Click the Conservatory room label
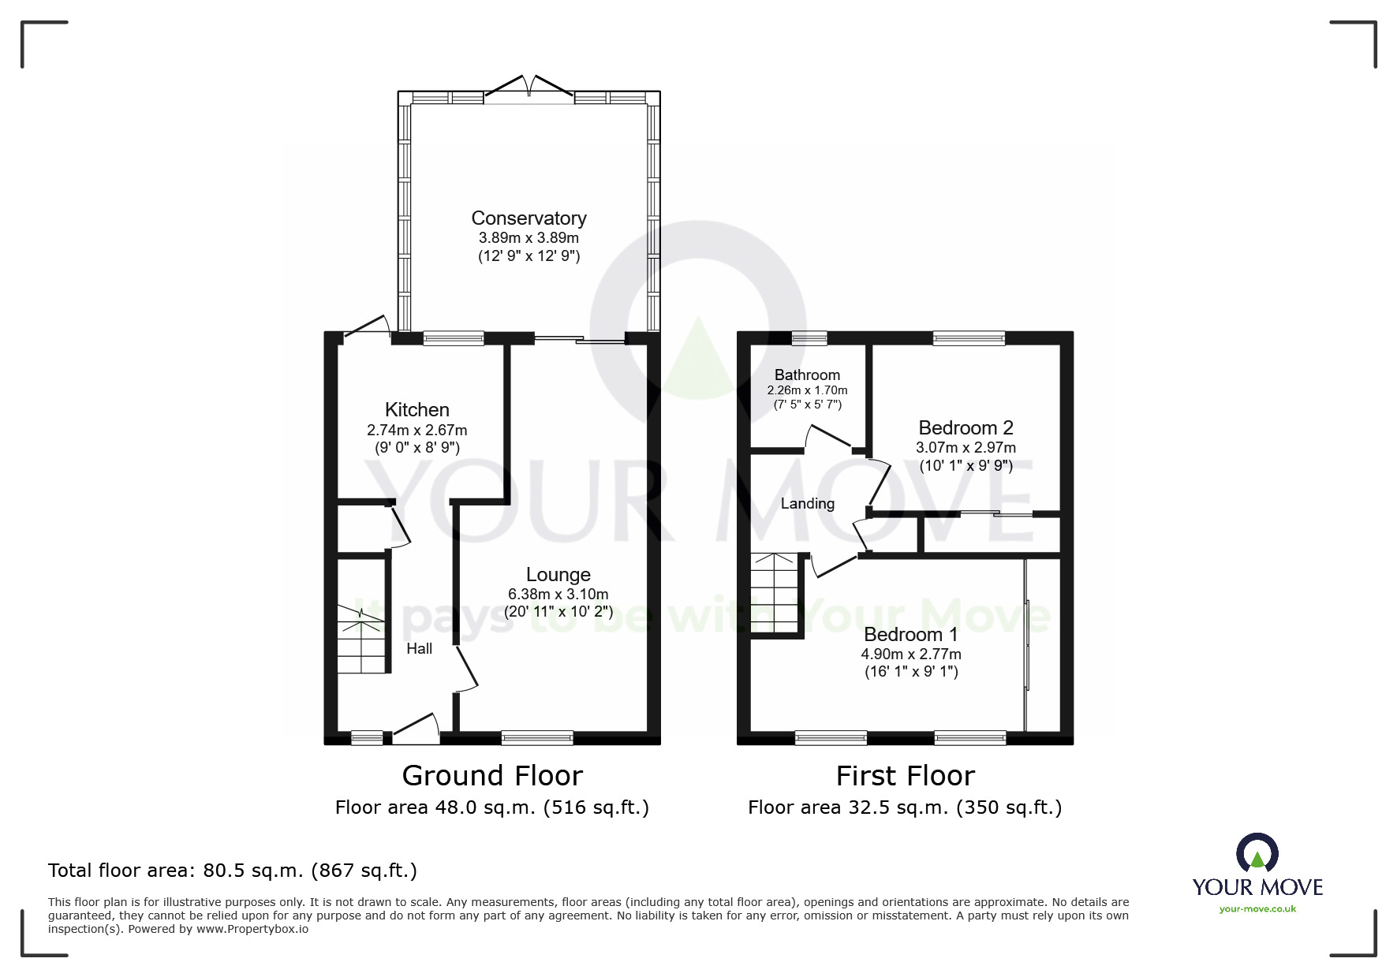pyautogui.click(x=529, y=218)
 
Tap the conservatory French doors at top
pyautogui.click(x=529, y=87)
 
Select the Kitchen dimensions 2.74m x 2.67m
pyautogui.click(x=416, y=431)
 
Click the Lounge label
pyautogui.click(x=558, y=575)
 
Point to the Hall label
pyautogui.click(x=419, y=649)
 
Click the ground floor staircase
pyautogui.click(x=362, y=639)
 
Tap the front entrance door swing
pyautogui.click(x=416, y=729)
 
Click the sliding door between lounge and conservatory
pyautogui.click(x=579, y=339)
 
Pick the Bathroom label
pyautogui.click(x=807, y=375)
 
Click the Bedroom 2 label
pyautogui.click(x=966, y=428)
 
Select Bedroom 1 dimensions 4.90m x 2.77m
pyautogui.click(x=911, y=654)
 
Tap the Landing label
pyautogui.click(x=807, y=504)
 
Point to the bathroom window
pyautogui.click(x=809, y=338)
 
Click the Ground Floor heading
pyautogui.click(x=492, y=776)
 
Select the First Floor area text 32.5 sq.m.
pyautogui.click(x=905, y=807)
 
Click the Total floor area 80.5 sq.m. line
pyautogui.click(x=233, y=871)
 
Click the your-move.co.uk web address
pyautogui.click(x=1257, y=909)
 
